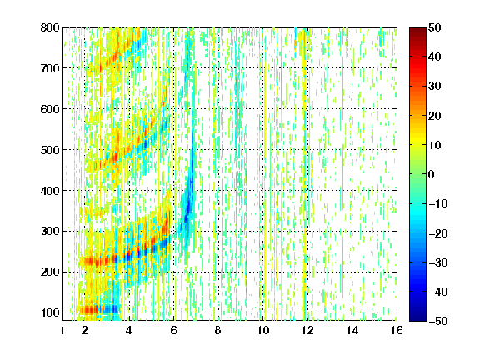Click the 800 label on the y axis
click(x=50, y=27)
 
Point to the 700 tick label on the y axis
click(x=50, y=68)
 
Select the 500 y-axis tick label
click(x=50, y=150)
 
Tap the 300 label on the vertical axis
click(x=50, y=232)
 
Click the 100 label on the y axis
click(x=50, y=312)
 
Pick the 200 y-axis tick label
click(x=50, y=272)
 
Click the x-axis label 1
click(x=62, y=330)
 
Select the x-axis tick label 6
click(x=174, y=330)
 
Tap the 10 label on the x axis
click(x=263, y=330)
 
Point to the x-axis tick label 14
click(x=352, y=330)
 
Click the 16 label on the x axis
click(x=397, y=330)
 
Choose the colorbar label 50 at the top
click(x=435, y=27)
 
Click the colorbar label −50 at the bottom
click(x=438, y=321)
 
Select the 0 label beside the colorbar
click(x=432, y=174)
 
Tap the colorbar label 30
click(x=435, y=87)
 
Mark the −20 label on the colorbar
click(x=438, y=233)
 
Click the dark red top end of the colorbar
click(x=417, y=29)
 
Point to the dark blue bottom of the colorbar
click(x=417, y=318)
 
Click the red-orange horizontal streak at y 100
click(x=87, y=310)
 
